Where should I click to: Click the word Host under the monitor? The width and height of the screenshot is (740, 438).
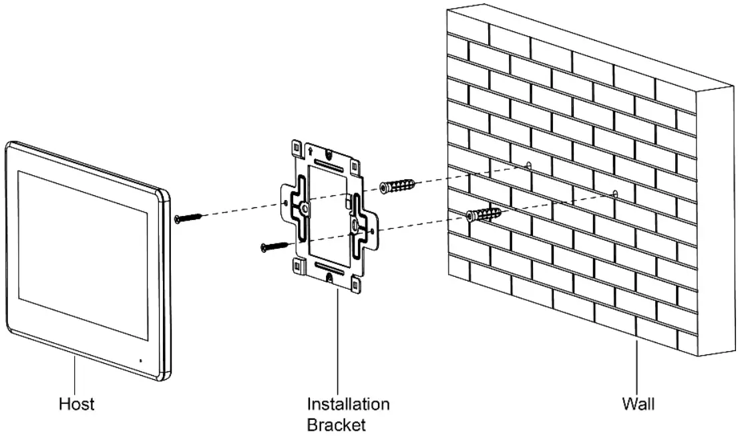pyautogui.click(x=76, y=404)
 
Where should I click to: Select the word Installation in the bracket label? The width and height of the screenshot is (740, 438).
pyautogui.click(x=348, y=404)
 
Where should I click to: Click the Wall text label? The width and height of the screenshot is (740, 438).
pyautogui.click(x=638, y=404)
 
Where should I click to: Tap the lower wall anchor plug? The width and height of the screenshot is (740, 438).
pyautogui.click(x=484, y=215)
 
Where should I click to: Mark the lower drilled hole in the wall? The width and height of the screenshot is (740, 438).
pyautogui.click(x=614, y=194)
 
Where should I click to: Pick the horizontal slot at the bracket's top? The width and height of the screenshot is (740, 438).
pyautogui.click(x=331, y=164)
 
